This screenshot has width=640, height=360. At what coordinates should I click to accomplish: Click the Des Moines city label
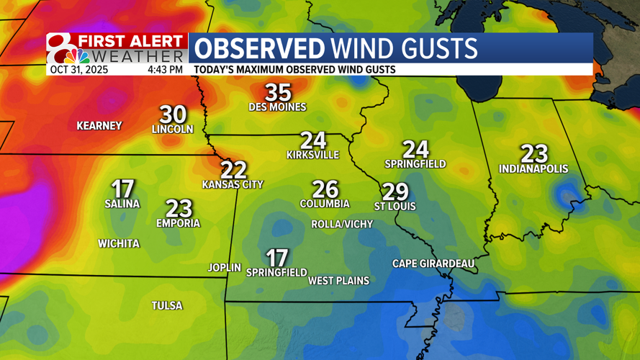point(277,107)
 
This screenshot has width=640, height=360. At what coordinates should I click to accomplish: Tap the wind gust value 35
point(278,92)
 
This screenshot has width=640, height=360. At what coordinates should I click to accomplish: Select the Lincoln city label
point(173,130)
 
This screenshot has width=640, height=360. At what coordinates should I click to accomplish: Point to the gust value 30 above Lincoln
point(173,114)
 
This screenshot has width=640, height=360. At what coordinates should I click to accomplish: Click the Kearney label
point(99,126)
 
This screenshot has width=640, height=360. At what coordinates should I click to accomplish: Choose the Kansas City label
point(233,184)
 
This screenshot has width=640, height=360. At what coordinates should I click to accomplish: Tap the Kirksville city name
point(312,155)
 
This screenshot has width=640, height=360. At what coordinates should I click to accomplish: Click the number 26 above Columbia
point(325,189)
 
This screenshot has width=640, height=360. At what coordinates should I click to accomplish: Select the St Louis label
point(395,207)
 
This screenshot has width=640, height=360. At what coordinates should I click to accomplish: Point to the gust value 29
point(395,192)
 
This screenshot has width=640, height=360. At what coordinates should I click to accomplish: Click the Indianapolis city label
point(533,169)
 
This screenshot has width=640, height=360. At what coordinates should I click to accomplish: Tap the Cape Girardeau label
point(433,264)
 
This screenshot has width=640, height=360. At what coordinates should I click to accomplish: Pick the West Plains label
point(338,281)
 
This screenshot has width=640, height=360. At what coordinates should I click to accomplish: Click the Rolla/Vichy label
point(342,225)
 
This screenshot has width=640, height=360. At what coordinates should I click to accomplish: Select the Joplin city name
point(225,267)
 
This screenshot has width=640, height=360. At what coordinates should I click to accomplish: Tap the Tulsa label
point(167,306)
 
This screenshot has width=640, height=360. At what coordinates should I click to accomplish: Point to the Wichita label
point(119,244)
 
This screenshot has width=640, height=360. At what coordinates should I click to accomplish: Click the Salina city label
point(122,204)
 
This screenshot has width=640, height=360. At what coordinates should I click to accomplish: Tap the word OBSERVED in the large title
point(259,49)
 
